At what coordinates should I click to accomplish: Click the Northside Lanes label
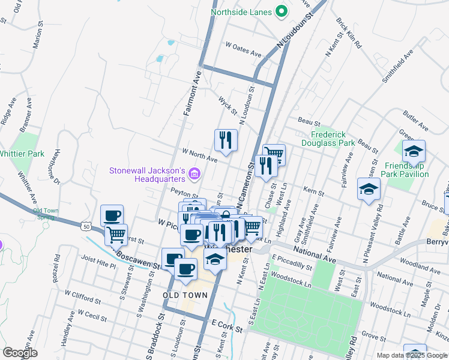[x=241, y=11]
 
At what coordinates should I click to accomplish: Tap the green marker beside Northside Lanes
[x=280, y=11]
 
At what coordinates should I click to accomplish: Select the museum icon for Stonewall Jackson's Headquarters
[x=194, y=175]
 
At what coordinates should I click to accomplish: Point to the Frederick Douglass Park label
[x=333, y=139]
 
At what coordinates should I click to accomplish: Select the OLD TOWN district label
[x=185, y=295]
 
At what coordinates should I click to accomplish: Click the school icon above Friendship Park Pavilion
[x=414, y=151]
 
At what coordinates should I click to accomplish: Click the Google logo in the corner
[x=20, y=352]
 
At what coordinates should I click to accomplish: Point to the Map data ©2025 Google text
[x=412, y=355]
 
